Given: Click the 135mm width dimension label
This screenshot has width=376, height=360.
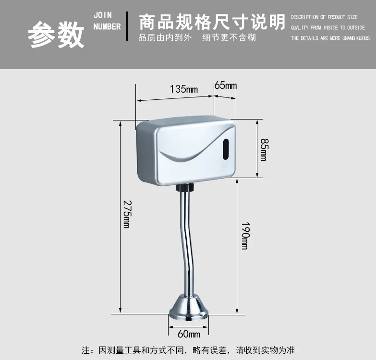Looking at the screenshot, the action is [x=183, y=89].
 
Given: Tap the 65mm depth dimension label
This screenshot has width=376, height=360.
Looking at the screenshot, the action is [x=226, y=85].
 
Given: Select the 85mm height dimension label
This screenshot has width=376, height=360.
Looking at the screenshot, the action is [x=263, y=150].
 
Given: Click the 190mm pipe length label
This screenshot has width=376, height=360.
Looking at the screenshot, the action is [x=244, y=235].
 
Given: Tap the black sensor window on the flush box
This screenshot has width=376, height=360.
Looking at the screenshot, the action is [x=226, y=148].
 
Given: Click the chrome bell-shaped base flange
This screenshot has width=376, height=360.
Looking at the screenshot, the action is [x=188, y=307].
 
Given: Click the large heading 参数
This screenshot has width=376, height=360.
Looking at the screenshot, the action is [x=56, y=35].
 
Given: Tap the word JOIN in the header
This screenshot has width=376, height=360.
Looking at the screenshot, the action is [x=103, y=15].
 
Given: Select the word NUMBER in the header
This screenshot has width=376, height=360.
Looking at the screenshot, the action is [x=107, y=27].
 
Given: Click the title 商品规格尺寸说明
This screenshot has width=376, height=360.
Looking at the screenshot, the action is [x=211, y=22].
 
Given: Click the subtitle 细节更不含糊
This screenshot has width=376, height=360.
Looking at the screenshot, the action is [x=229, y=38].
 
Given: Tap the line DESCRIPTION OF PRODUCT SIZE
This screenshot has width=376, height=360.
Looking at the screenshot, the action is [x=324, y=17].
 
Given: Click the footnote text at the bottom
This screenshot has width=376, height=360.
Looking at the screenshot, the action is [x=188, y=350].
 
